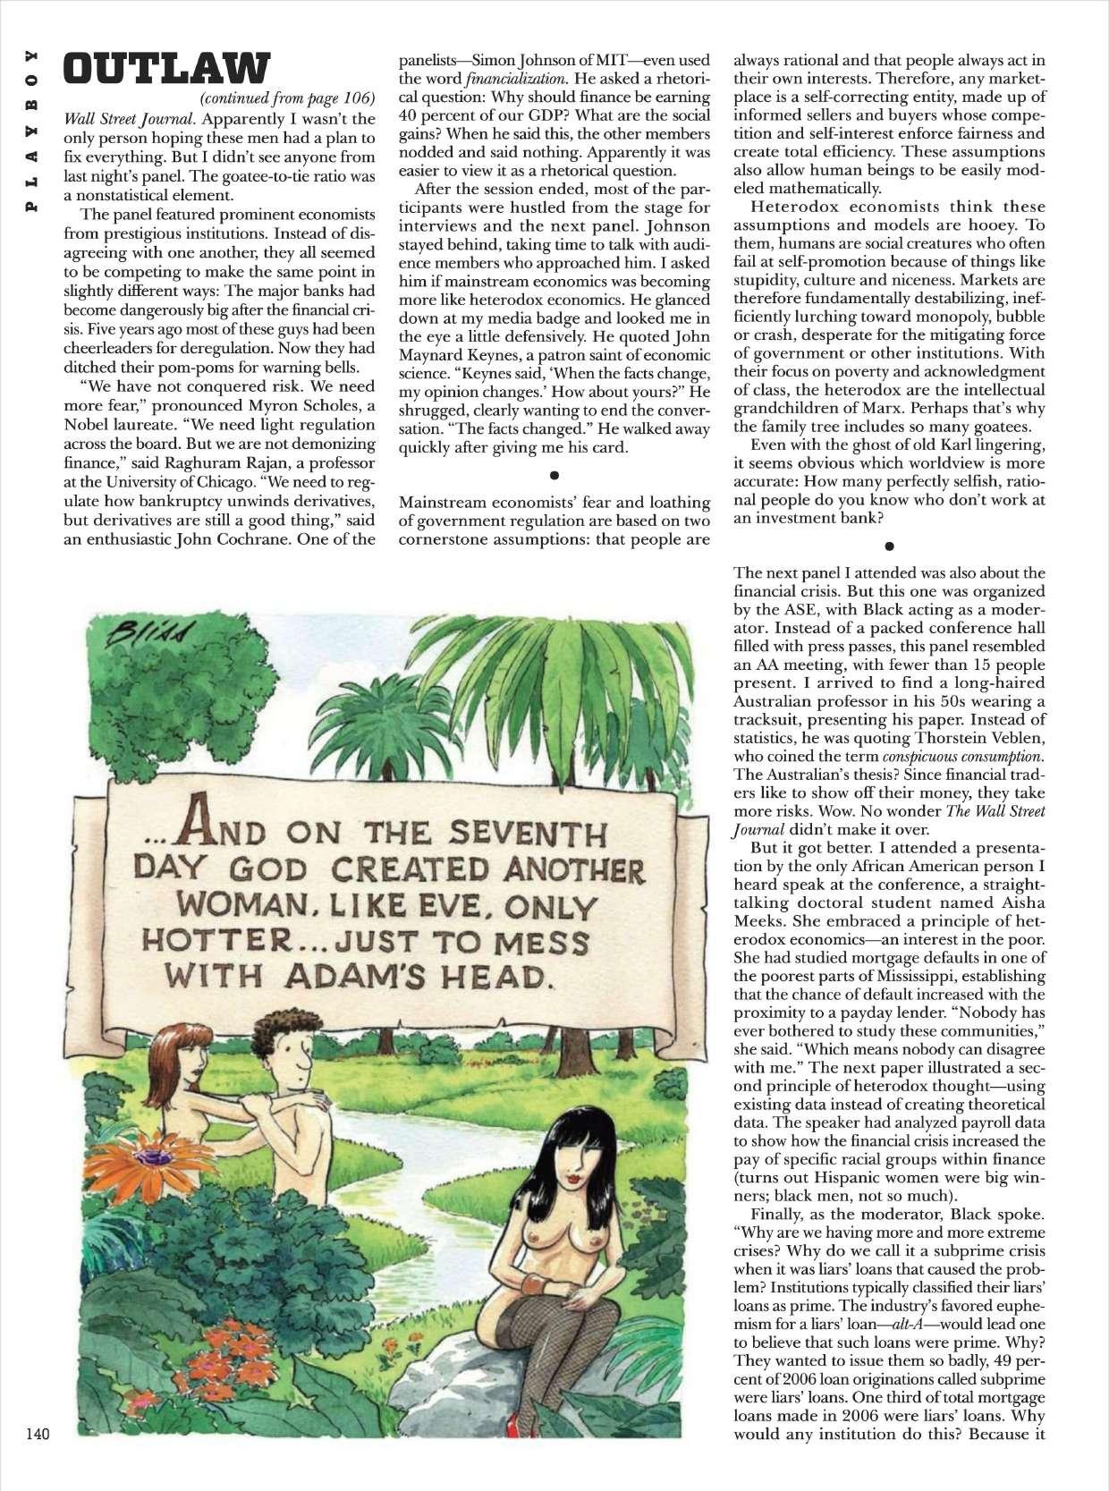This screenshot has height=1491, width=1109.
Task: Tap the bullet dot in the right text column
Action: pos(889,543)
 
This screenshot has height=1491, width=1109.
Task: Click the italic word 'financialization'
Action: pos(506,79)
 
